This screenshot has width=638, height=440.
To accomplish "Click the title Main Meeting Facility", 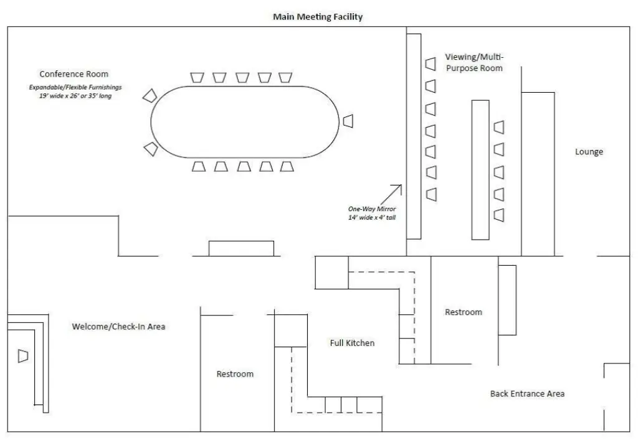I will pyautogui.click(x=318, y=17).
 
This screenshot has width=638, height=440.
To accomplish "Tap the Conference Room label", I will pyautogui.click(x=74, y=74).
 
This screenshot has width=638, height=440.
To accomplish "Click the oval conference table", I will pyautogui.click(x=245, y=121).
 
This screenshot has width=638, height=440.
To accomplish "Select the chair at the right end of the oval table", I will pyautogui.click(x=348, y=120).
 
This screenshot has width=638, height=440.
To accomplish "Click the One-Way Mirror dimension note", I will pyautogui.click(x=372, y=213).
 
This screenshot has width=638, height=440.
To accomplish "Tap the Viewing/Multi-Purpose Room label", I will pyautogui.click(x=474, y=62).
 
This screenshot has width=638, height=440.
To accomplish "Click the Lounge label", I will pyautogui.click(x=589, y=152).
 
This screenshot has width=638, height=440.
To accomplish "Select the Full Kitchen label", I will pyautogui.click(x=352, y=343).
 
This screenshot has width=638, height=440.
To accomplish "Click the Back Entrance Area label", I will pyautogui.click(x=527, y=393).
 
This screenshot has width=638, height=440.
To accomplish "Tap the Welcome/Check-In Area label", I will pyautogui.click(x=118, y=326).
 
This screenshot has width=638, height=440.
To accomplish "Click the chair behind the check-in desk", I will pyautogui.click(x=23, y=355).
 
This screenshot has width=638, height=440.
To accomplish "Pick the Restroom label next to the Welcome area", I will pyautogui.click(x=235, y=374).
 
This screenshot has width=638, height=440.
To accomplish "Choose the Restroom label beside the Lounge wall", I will pyautogui.click(x=463, y=312).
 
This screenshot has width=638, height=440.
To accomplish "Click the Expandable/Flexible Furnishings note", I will pyautogui.click(x=75, y=91).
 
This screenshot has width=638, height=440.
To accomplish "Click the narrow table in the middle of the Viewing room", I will pyautogui.click(x=480, y=169).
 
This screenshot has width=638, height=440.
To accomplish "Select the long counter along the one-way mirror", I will pyautogui.click(x=414, y=136).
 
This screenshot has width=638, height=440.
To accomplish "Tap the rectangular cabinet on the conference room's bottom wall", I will pyautogui.click(x=240, y=248).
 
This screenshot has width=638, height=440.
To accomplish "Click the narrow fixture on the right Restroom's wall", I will pyautogui.click(x=507, y=300).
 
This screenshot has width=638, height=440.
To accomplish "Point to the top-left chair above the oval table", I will pyautogui.click(x=198, y=77).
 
